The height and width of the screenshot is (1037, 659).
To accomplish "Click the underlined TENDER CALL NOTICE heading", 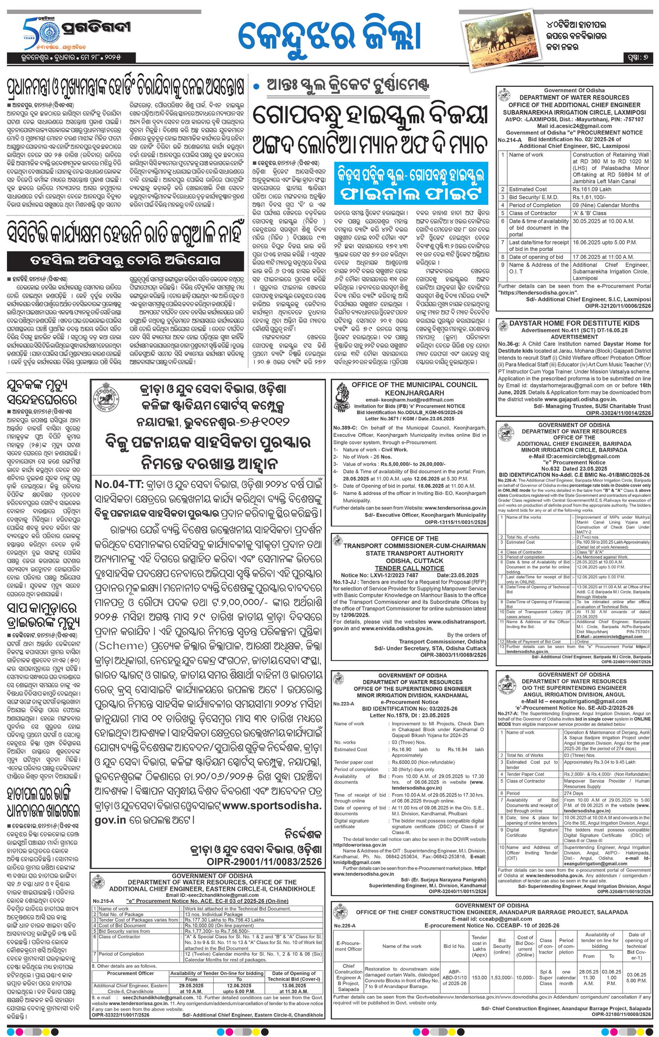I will point(409,568).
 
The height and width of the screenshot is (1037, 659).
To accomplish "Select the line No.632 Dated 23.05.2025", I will point(574,469).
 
